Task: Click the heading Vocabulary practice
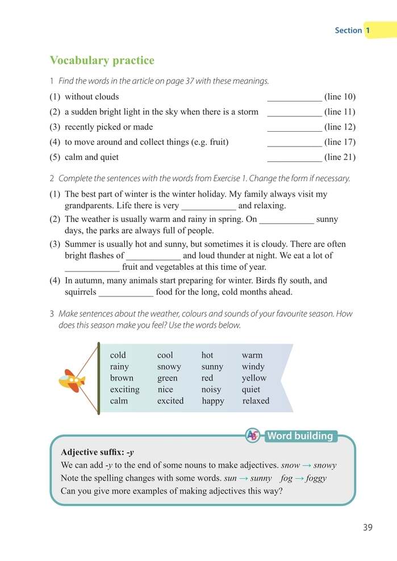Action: (x=102, y=61)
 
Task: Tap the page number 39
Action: (x=367, y=527)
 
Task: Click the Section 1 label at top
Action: (x=353, y=30)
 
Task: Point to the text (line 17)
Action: (x=340, y=142)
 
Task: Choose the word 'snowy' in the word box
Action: (x=169, y=367)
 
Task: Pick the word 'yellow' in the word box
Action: (x=253, y=378)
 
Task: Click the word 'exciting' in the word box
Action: (x=124, y=390)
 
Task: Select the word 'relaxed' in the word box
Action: (x=256, y=401)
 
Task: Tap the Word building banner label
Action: (x=300, y=436)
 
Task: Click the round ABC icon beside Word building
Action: (x=253, y=436)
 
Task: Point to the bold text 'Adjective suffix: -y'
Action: (x=97, y=453)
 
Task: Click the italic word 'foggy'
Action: (x=316, y=478)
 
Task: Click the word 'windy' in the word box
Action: (x=253, y=367)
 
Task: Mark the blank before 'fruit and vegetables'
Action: (x=92, y=268)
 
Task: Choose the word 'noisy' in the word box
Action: (x=211, y=390)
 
